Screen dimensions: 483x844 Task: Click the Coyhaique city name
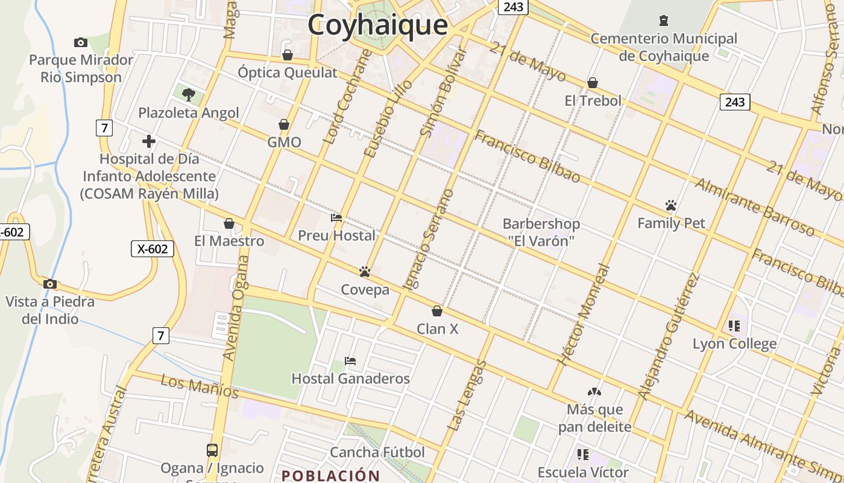(377, 25)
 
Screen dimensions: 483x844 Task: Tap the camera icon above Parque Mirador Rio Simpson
(80, 42)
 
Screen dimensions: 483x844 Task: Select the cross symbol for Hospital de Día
(148, 141)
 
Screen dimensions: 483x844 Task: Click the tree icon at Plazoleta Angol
(189, 94)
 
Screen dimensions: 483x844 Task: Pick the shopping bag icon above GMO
(284, 124)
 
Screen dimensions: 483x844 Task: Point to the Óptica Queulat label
(288, 72)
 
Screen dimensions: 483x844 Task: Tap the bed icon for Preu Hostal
(336, 217)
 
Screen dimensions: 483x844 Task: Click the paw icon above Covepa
(364, 272)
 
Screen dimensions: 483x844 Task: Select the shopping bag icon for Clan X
(437, 311)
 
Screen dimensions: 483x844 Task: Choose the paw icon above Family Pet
(671, 205)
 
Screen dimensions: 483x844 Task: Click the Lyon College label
(734, 344)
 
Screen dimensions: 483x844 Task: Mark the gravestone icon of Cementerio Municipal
(664, 21)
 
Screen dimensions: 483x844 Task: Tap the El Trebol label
(593, 100)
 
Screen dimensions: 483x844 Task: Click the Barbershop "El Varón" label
(541, 232)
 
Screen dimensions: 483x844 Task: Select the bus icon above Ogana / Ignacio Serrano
(212, 450)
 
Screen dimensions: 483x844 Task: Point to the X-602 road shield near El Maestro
(153, 249)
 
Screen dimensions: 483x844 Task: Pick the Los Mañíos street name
(200, 386)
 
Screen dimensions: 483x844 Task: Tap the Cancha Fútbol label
(377, 452)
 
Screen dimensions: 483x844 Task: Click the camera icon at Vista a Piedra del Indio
(50, 284)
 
